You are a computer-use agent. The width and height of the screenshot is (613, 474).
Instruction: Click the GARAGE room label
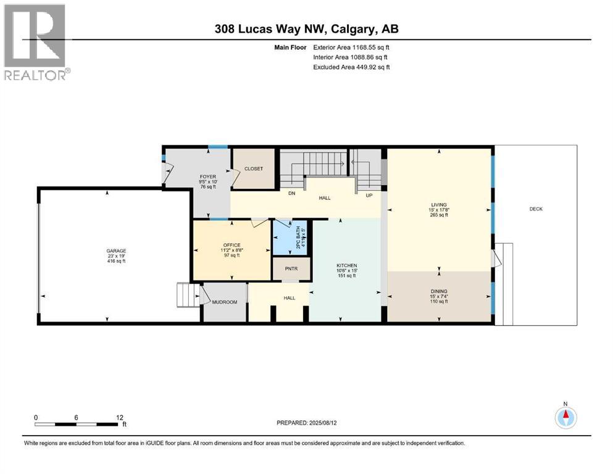pyautogui.click(x=116, y=251)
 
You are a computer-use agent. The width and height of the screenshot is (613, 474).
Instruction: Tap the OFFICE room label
pyautogui.click(x=231, y=245)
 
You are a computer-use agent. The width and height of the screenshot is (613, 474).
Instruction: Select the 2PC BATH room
pyautogui.click(x=289, y=238)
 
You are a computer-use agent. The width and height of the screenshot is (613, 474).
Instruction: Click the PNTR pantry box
pyautogui.click(x=290, y=269)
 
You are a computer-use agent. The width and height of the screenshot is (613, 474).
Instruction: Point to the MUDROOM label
pyautogui.click(x=225, y=302)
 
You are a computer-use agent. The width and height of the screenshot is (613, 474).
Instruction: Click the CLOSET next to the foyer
pyautogui.click(x=253, y=168)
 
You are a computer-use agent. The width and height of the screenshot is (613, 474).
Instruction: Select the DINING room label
pyautogui.click(x=439, y=291)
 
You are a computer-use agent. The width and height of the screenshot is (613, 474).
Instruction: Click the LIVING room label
pyautogui.click(x=439, y=204)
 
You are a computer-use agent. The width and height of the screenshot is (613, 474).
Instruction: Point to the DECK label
pyautogui.click(x=536, y=209)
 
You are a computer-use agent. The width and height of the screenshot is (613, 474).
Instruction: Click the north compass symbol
pyautogui.click(x=565, y=417)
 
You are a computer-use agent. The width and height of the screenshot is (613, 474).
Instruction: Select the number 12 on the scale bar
pyautogui.click(x=119, y=417)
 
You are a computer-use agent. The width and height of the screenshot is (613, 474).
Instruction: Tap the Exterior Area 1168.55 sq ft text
pyautogui.click(x=351, y=47)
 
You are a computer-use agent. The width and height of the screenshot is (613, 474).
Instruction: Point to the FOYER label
pyautogui.click(x=207, y=177)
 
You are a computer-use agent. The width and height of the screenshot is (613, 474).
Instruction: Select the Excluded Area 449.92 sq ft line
pyautogui.click(x=351, y=67)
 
